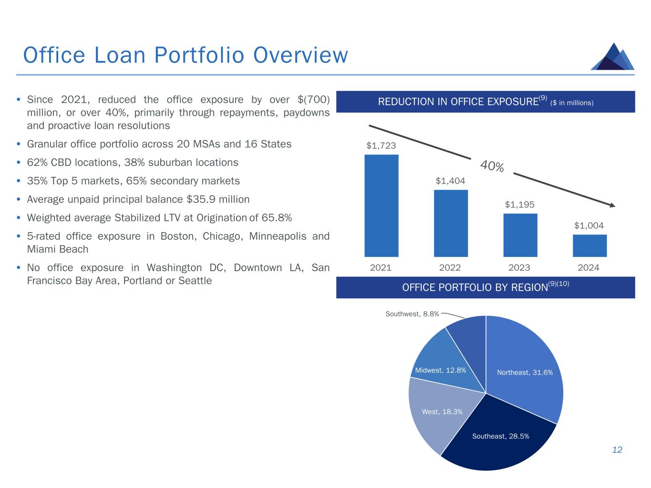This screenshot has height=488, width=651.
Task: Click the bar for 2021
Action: pyautogui.click(x=381, y=205)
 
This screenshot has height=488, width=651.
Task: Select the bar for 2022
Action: pyautogui.click(x=451, y=223)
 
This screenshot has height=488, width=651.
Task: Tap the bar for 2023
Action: pyautogui.click(x=520, y=235)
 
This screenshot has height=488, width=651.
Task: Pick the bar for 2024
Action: pyautogui.click(x=589, y=245)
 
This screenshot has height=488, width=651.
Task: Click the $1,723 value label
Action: pyautogui.click(x=381, y=145)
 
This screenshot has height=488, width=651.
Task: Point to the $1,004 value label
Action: pyautogui.click(x=589, y=225)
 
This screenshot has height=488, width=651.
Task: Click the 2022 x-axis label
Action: pyautogui.click(x=450, y=267)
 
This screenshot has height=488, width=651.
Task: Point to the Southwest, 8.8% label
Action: pyautogui.click(x=412, y=314)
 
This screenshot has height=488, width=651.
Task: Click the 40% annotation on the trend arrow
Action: pyautogui.click(x=492, y=166)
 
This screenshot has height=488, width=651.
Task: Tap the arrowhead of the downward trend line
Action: pyautogui.click(x=612, y=205)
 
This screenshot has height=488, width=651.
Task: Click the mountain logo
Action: pyautogui.click(x=612, y=56)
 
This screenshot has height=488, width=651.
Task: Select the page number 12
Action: pyautogui.click(x=617, y=450)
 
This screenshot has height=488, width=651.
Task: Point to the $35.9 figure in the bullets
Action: pyautogui.click(x=201, y=199)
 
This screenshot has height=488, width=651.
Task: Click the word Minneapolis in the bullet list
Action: pyautogui.click(x=277, y=236)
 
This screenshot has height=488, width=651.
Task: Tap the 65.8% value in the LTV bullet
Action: pyautogui.click(x=277, y=218)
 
